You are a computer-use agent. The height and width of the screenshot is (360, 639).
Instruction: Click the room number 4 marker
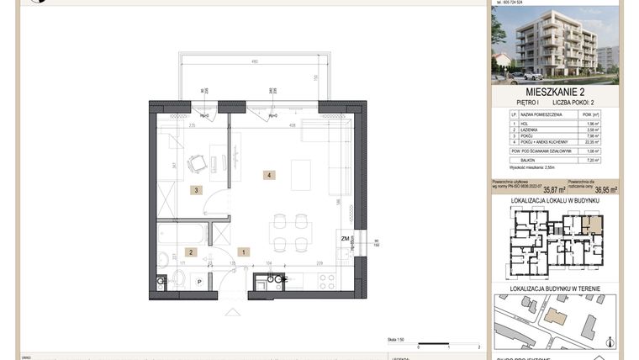[268, 175]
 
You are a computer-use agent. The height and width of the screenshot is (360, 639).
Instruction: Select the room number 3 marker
[196, 190]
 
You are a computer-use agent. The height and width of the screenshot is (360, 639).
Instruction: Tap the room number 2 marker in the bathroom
[191, 251]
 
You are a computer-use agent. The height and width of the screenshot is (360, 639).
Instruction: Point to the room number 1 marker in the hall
[243, 251]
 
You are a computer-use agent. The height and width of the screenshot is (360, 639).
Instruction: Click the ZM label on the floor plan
[345, 239]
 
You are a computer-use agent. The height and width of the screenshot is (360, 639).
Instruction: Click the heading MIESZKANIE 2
[555, 92]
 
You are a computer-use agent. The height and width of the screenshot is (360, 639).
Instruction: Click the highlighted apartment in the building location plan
[594, 224]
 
